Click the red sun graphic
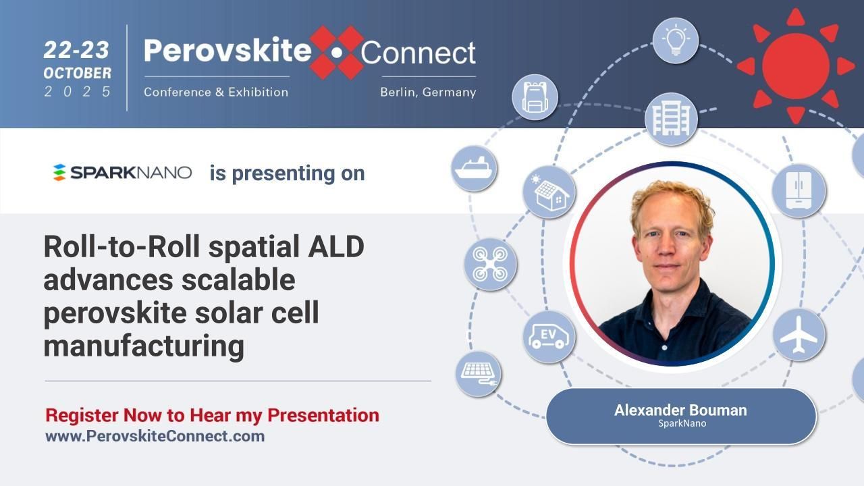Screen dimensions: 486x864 [795, 65]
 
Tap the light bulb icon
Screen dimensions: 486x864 [675, 41]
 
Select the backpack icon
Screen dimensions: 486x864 [535, 97]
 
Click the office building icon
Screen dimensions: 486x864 [670, 119]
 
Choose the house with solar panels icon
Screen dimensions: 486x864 [549, 192]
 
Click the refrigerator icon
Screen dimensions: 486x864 [799, 191]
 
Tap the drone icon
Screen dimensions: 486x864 [490, 264]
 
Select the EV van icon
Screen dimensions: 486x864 [549, 336]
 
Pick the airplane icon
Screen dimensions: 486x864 [799, 335]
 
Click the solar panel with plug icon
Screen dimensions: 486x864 [478, 373]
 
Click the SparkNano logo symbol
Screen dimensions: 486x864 [59, 173]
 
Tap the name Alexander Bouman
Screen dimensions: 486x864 [680, 410]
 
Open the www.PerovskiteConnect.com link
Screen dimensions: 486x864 [155, 436]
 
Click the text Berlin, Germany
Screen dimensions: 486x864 [428, 92]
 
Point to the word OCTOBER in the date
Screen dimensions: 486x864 [78, 73]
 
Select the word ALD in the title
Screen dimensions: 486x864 [335, 247]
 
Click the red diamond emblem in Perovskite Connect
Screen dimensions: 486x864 [337, 53]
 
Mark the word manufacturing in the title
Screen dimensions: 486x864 [144, 346]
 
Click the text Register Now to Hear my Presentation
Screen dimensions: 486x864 [212, 415]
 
